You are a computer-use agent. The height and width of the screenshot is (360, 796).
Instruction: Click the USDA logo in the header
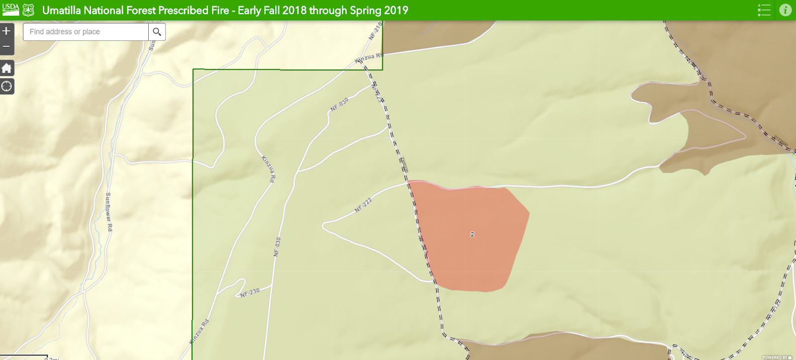tap(10, 9)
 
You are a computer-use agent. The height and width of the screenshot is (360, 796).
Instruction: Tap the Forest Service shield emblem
tap(28, 10)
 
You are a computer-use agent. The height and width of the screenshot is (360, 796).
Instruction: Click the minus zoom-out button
tap(6, 47)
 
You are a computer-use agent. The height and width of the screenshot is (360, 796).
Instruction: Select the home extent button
tap(6, 68)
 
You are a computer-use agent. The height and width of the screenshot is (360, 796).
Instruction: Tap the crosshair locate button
tap(6, 87)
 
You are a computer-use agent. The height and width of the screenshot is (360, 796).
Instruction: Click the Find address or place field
tap(86, 32)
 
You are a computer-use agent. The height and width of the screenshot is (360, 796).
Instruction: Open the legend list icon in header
tap(764, 10)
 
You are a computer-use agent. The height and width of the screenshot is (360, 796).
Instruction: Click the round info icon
tap(785, 10)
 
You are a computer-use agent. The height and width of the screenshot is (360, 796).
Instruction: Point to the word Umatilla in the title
tap(61, 10)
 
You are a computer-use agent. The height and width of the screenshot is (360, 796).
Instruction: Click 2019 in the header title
tap(395, 10)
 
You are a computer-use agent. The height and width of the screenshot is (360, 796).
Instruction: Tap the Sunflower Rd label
tap(108, 212)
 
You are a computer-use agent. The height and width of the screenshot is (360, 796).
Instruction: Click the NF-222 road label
tap(363, 205)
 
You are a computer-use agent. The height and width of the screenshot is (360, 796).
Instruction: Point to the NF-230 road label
tap(250, 292)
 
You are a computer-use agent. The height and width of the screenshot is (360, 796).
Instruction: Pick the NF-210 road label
tap(375, 31)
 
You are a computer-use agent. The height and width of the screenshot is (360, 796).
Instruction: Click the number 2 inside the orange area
tap(472, 234)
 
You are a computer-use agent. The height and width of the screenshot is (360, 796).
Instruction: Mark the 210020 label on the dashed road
tap(404, 165)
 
